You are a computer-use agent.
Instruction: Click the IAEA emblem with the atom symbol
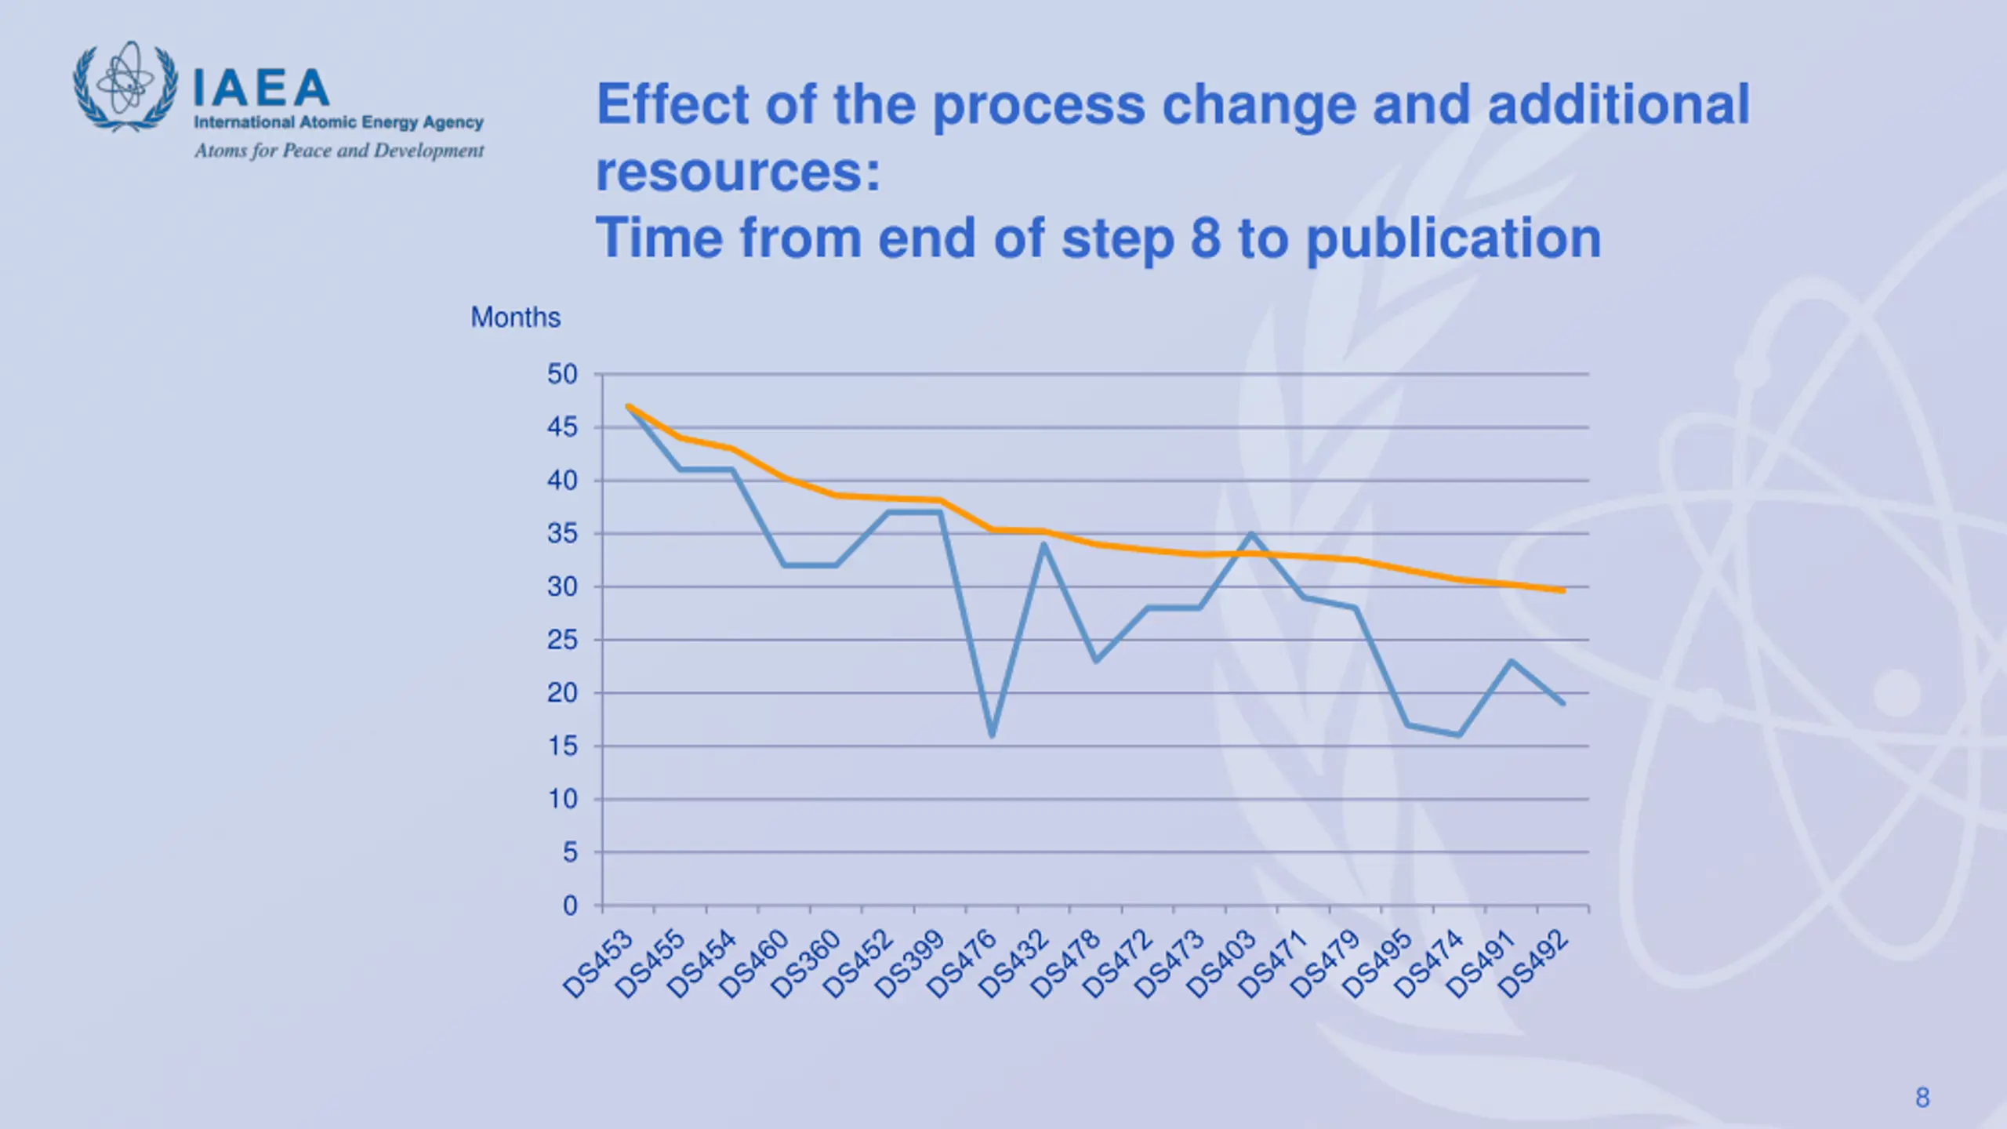coord(125,86)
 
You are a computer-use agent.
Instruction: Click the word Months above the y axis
coord(515,318)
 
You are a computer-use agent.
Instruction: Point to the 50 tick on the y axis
coord(562,375)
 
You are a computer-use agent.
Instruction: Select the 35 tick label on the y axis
coord(562,534)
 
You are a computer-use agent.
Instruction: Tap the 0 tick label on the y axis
coord(570,906)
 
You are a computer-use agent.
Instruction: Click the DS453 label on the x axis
coord(599,964)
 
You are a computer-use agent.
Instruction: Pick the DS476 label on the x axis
coord(963,964)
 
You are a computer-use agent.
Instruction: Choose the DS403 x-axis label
coord(1222,964)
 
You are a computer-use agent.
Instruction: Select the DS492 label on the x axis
coord(1534,964)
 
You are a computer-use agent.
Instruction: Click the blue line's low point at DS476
coord(992,735)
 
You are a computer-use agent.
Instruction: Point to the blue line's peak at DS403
coord(1251,534)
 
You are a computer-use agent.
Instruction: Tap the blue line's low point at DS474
coord(1459,735)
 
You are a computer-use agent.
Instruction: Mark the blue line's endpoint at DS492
coord(1563,703)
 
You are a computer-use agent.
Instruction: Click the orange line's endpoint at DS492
coord(1563,590)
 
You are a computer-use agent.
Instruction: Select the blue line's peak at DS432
coord(1043,544)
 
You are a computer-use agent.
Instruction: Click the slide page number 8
coord(1922,1098)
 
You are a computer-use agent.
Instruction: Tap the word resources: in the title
coord(738,172)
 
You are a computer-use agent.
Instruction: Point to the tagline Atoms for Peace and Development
coord(339,151)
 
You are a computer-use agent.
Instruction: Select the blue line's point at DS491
coord(1511,661)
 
